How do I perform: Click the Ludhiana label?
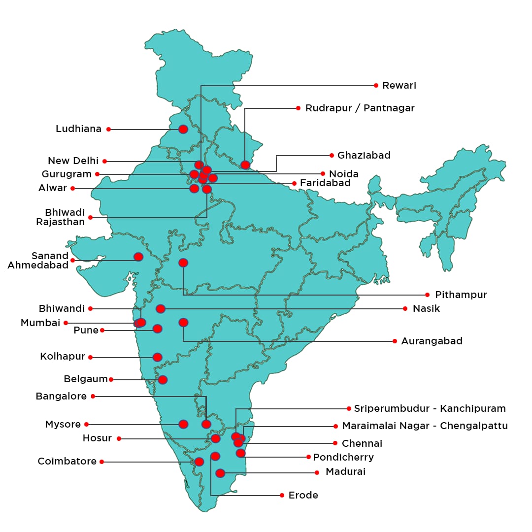tap(78, 129)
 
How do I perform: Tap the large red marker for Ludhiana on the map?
tap(183, 129)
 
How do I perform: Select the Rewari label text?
tap(399, 86)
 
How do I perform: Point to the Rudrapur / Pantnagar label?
tap(360, 108)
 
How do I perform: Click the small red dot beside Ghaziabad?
tap(332, 155)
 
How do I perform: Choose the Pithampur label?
tap(461, 295)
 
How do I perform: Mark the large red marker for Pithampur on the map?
tap(183, 263)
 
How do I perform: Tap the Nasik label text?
tap(426, 309)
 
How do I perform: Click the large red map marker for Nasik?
tap(161, 309)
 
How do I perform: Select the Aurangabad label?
tap(432, 341)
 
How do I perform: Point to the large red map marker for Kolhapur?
tap(157, 357)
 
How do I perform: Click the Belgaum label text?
tap(86, 379)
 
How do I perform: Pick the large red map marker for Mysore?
tap(183, 424)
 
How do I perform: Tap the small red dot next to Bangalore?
tap(93, 396)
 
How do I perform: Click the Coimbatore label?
tap(67, 462)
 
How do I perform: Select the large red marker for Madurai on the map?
tap(220, 473)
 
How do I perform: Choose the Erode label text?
tap(303, 495)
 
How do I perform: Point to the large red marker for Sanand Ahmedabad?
tap(138, 257)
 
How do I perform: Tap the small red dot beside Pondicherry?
tap(308, 457)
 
